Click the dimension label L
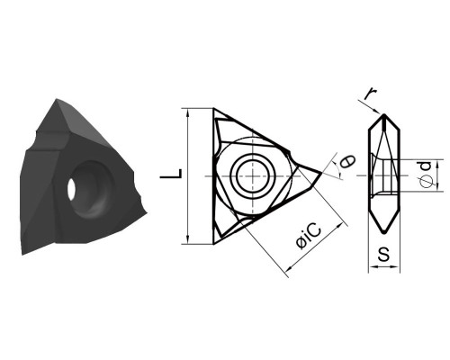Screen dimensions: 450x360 click(171, 174)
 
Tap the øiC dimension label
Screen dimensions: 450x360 click(308, 236)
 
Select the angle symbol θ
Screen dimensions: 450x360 click(347, 161)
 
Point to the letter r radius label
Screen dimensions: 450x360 click(371, 94)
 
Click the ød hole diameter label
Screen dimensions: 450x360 click(426, 175)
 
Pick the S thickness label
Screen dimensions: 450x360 click(383, 254)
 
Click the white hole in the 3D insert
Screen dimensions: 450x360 click(71, 189)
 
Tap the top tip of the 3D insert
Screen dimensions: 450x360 click(57, 99)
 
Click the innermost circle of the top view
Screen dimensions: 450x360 click(254, 175)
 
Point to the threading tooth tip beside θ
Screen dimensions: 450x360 click(321, 172)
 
